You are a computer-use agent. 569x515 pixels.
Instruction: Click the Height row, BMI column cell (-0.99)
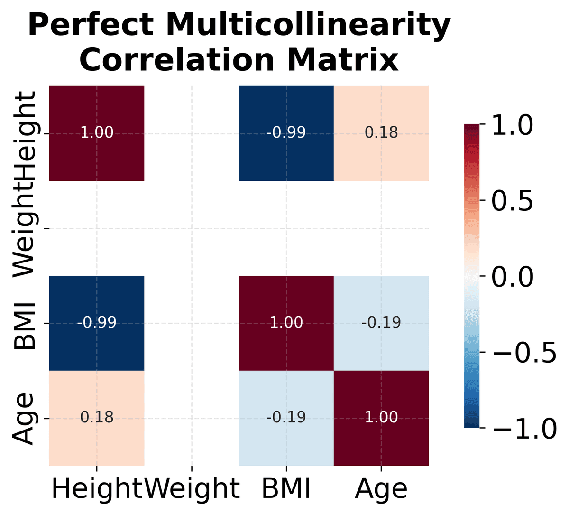point(286,133)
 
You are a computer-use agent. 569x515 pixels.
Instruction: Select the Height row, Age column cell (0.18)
point(381,133)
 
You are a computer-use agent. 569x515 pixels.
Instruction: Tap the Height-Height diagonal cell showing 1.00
point(97,133)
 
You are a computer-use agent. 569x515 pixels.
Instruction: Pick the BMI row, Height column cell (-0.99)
point(97,323)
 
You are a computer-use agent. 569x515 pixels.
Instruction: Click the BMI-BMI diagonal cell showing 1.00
point(286,323)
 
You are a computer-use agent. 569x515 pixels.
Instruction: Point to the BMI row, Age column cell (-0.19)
point(381,323)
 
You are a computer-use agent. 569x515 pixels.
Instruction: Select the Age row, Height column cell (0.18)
point(97,418)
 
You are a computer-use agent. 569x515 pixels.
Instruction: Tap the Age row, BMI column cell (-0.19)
point(286,418)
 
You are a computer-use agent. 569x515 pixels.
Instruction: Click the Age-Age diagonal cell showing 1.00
point(381,418)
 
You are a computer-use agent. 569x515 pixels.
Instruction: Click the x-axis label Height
point(97,488)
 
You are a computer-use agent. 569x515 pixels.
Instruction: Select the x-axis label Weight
point(192,488)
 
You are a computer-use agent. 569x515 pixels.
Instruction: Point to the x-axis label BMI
point(286,488)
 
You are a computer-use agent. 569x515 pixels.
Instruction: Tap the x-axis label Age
point(381,488)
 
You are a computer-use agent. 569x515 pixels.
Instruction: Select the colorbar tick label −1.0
point(524,428)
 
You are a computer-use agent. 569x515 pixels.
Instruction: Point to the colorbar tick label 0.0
point(512,276)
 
